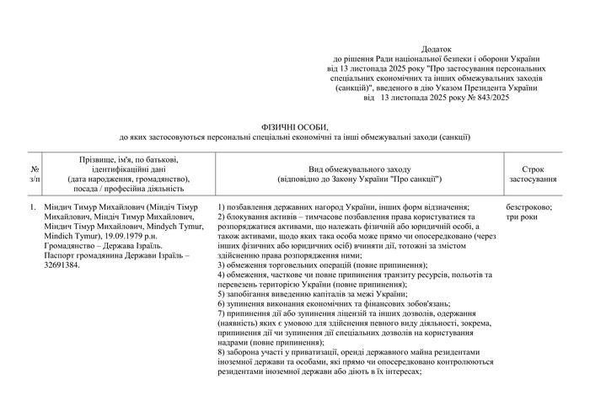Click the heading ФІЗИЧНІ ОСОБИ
click(x=294, y=126)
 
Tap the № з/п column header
click(x=34, y=174)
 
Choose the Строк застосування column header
click(x=534, y=174)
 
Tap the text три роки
click(x=523, y=217)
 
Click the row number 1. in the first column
click(x=32, y=207)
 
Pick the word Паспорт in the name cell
click(x=67, y=255)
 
